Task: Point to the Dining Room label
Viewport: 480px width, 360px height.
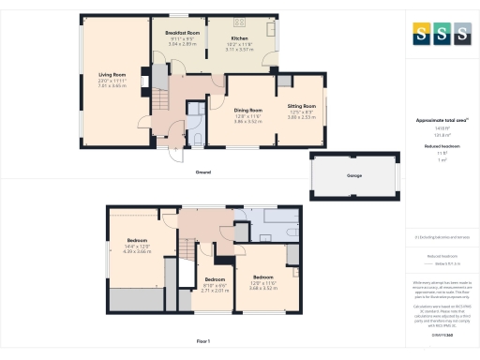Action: [247, 111]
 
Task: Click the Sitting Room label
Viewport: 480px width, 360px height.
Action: [302, 106]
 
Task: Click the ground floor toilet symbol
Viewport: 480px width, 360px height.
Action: [198, 141]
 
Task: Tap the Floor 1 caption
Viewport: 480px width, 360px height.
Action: [202, 340]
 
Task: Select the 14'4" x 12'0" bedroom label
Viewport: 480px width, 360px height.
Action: [137, 241]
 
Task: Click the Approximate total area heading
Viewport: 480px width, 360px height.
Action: [441, 120]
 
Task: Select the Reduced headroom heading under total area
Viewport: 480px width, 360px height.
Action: [441, 145]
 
